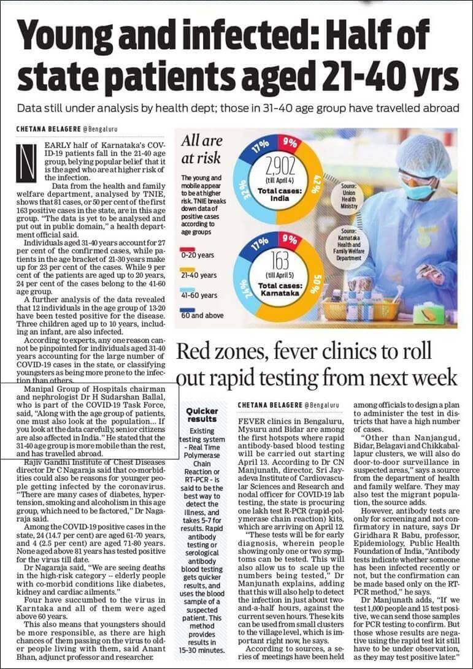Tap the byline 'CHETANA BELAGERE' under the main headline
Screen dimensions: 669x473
tap(48, 129)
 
